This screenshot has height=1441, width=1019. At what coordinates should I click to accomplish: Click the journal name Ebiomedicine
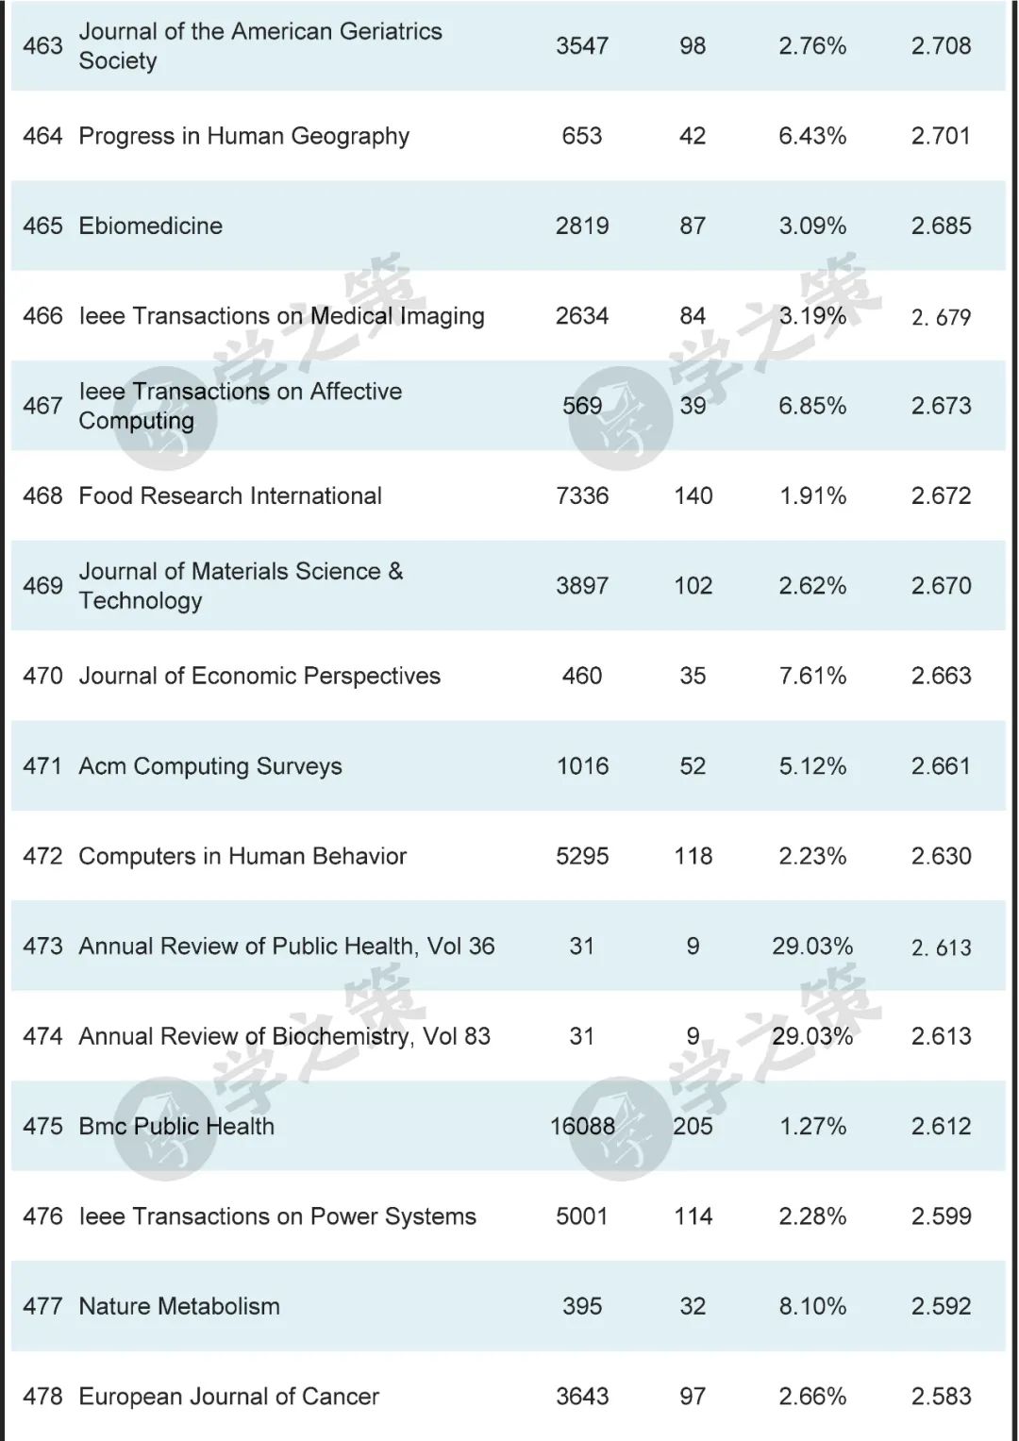tap(151, 226)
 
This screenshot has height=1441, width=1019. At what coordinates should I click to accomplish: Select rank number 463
tap(42, 45)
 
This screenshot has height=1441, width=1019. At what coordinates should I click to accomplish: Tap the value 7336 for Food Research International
tap(582, 495)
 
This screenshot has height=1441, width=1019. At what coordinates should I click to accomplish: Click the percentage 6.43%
tap(812, 136)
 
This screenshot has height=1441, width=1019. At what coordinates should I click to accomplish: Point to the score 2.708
tap(941, 45)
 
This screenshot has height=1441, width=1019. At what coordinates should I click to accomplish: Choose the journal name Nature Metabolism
tap(179, 1306)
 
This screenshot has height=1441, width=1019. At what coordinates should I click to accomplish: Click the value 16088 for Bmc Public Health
tap(582, 1126)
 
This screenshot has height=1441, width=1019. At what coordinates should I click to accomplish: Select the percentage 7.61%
tap(812, 676)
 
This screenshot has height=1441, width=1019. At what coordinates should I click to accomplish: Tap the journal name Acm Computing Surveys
tap(210, 766)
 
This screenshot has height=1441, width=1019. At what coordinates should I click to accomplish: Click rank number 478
tap(42, 1396)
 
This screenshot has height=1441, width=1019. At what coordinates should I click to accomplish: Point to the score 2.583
tap(941, 1396)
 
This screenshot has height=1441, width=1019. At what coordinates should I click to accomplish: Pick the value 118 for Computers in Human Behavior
tap(693, 856)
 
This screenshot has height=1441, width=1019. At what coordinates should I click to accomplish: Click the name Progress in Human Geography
tap(244, 136)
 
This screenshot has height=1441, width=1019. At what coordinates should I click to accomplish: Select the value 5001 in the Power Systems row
tap(582, 1216)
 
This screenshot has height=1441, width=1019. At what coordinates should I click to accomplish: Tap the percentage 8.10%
tap(812, 1306)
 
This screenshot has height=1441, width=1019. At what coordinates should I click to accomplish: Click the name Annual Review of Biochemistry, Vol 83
tap(285, 1036)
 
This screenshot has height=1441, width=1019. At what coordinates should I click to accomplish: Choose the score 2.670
tap(941, 586)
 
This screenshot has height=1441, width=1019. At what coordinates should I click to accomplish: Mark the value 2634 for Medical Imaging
tap(582, 316)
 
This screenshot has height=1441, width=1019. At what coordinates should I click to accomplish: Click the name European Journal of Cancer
tap(229, 1396)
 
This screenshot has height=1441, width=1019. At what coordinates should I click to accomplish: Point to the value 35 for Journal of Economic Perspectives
tap(693, 676)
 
